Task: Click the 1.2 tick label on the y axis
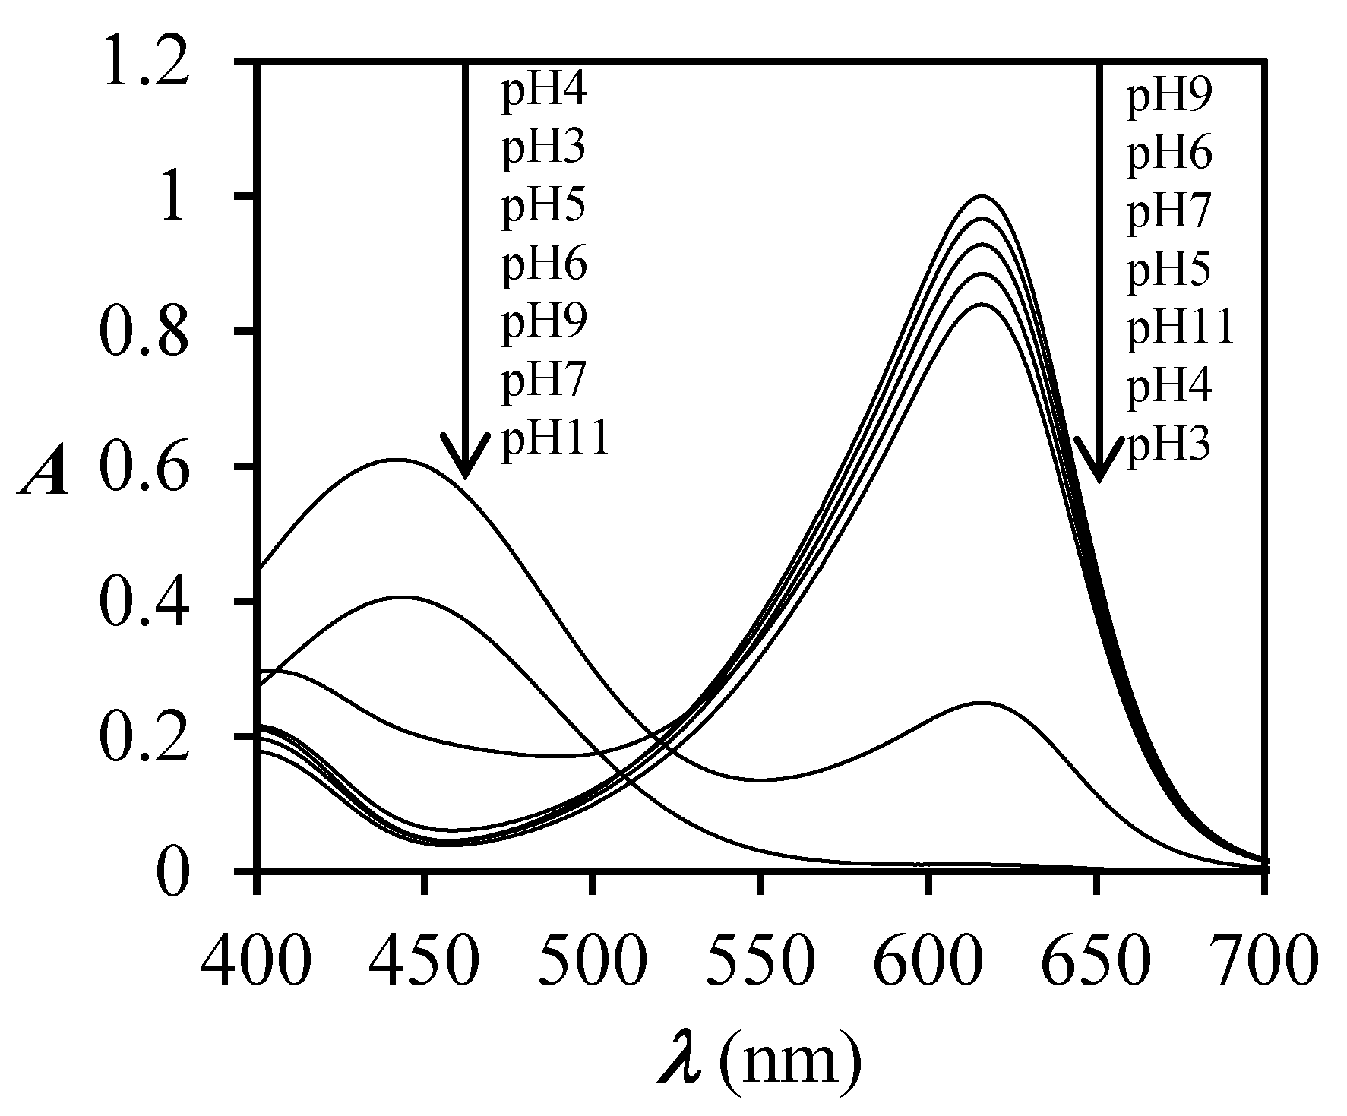[x=144, y=62]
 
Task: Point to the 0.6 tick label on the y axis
[x=144, y=466]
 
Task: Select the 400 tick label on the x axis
[x=257, y=962]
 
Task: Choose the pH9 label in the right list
[x=1168, y=98]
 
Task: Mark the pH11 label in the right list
[x=1180, y=330]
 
